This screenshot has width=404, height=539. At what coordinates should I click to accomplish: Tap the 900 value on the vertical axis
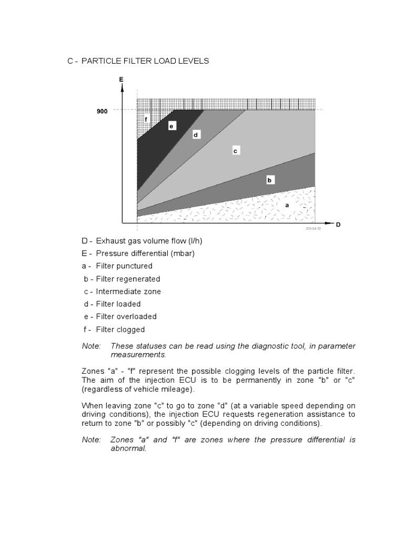[102, 112]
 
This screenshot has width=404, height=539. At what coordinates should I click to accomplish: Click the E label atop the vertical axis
[121, 79]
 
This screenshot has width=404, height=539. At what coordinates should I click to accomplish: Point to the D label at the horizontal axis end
[338, 225]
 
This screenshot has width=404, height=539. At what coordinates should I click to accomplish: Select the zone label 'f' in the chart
[146, 119]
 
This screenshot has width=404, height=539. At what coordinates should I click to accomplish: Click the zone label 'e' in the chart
[171, 126]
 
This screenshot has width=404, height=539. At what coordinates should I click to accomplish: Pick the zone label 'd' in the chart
[195, 135]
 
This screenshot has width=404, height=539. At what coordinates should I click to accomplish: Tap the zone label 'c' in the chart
[236, 151]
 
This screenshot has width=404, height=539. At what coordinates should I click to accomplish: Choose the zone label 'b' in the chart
[269, 180]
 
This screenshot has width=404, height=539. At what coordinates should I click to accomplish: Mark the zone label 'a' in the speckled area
[287, 205]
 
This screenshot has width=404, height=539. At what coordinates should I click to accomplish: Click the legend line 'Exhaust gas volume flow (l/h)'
[149, 241]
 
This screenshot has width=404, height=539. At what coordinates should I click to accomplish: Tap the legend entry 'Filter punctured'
[124, 266]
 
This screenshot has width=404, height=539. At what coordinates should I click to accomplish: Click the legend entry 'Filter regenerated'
[128, 278]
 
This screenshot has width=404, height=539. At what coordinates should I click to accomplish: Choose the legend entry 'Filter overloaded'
[126, 316]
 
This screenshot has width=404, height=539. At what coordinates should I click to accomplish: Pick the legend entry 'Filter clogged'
[120, 330]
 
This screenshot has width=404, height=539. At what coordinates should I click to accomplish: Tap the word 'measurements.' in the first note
[135, 355]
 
